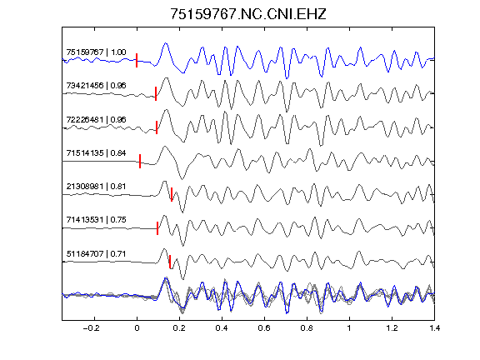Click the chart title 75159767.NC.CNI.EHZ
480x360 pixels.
[248, 14]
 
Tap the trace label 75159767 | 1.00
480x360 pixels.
[96, 52]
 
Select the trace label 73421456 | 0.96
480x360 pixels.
[96, 85]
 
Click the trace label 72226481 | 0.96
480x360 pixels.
[96, 119]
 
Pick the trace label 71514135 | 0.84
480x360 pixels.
[96, 152]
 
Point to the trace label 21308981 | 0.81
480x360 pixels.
[96, 186]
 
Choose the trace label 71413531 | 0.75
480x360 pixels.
[96, 219]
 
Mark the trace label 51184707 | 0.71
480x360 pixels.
[96, 254]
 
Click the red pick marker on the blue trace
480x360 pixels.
[137, 60]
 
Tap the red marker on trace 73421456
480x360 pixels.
[156, 93]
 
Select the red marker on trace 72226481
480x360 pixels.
[157, 127]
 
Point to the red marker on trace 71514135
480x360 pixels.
[140, 161]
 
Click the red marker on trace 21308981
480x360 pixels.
[172, 194]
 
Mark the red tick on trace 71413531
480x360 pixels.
[157, 228]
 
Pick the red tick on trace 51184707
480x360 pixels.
[170, 262]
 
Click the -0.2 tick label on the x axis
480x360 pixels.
[91, 328]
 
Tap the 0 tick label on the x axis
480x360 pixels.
[137, 328]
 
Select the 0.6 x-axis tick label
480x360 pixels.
[264, 328]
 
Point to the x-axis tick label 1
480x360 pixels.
[349, 328]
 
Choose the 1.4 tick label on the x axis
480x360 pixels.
[434, 328]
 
